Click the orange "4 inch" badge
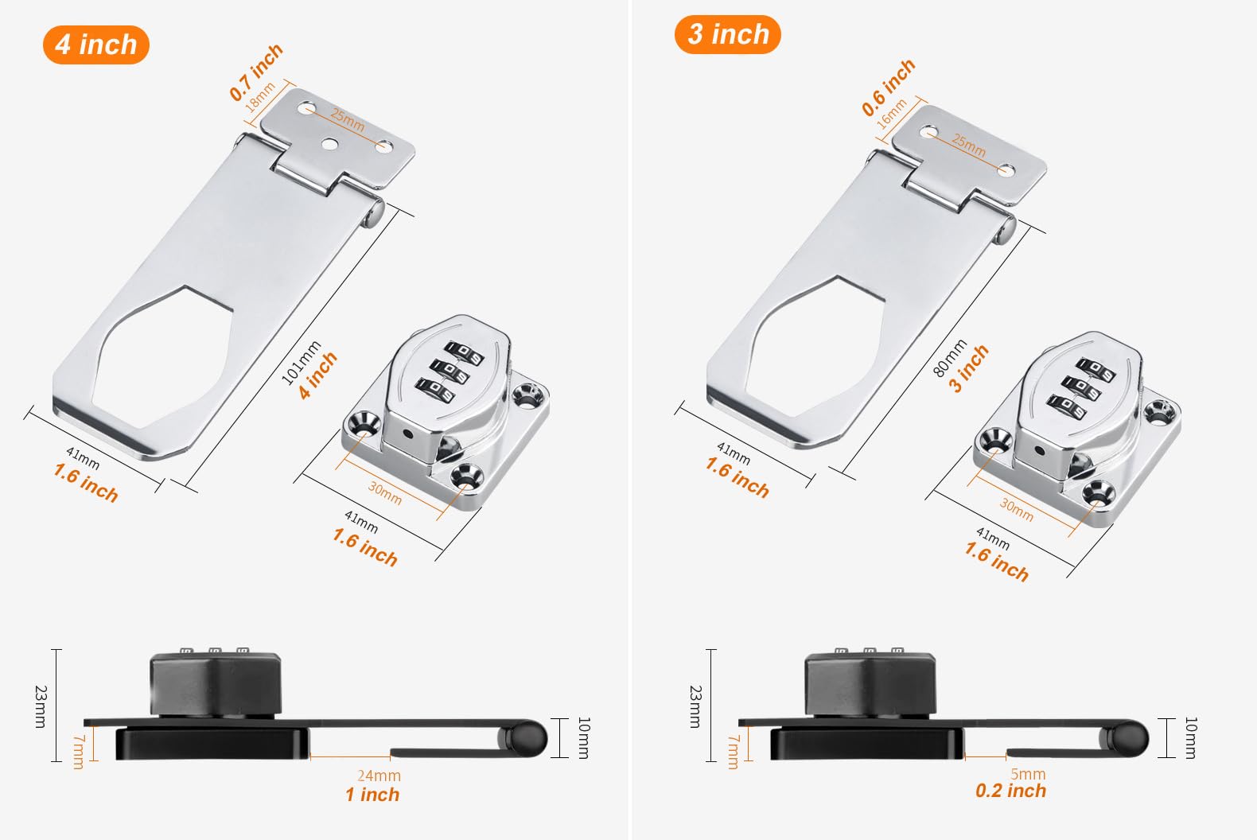[96, 45]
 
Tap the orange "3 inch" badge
[727, 35]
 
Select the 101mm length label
[301, 363]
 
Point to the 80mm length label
[950, 357]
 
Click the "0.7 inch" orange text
[256, 72]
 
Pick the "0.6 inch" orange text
[889, 87]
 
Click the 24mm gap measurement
[379, 776]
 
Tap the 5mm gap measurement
[1028, 774]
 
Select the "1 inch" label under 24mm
[372, 795]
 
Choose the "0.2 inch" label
[1010, 791]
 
